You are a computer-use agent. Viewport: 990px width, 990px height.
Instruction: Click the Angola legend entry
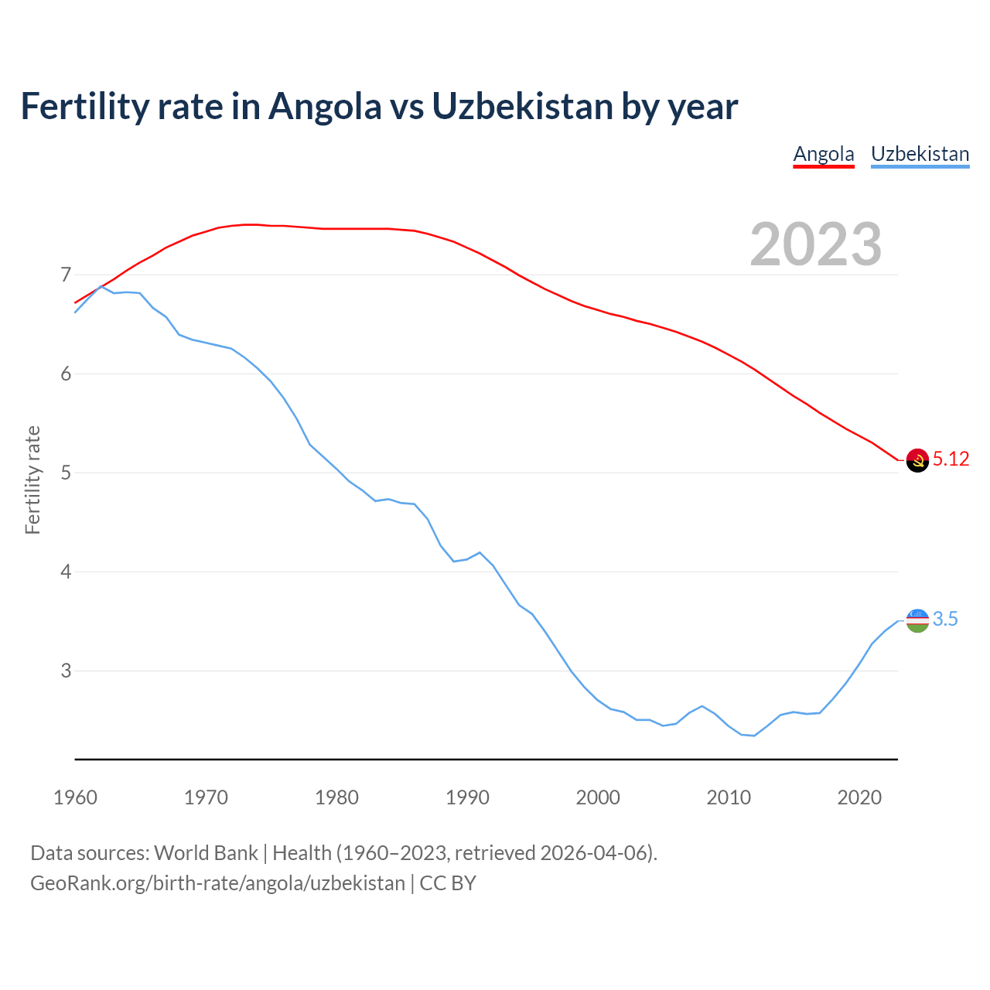(824, 154)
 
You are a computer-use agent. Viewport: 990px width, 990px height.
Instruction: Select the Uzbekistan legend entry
(920, 154)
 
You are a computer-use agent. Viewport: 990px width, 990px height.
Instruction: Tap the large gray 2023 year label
(816, 244)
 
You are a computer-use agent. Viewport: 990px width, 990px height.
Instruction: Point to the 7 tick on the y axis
(65, 275)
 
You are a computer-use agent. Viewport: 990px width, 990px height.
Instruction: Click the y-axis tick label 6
(65, 374)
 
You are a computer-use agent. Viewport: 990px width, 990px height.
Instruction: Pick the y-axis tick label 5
(65, 473)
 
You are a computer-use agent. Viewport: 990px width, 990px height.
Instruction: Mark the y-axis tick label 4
(65, 572)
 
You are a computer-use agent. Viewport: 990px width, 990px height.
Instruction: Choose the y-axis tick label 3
(65, 671)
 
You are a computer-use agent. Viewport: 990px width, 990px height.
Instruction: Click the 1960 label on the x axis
(75, 797)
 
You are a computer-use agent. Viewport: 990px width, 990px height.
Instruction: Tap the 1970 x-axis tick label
(206, 797)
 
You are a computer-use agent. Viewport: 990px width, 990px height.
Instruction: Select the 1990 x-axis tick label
(467, 797)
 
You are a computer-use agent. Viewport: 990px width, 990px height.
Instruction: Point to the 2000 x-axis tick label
(598, 797)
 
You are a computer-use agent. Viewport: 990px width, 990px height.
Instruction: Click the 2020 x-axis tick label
(859, 797)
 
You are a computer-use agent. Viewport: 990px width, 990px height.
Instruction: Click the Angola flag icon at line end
(917, 460)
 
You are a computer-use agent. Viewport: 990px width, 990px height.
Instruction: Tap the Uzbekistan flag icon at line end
(917, 620)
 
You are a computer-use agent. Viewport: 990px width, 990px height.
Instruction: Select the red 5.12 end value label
(951, 459)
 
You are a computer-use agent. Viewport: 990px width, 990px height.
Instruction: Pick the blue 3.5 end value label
(945, 619)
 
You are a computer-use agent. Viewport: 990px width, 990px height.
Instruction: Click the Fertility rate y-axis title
(32, 480)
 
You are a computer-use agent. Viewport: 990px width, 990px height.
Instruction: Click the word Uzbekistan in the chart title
(523, 107)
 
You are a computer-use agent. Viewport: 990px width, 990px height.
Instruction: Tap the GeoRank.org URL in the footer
(217, 883)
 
